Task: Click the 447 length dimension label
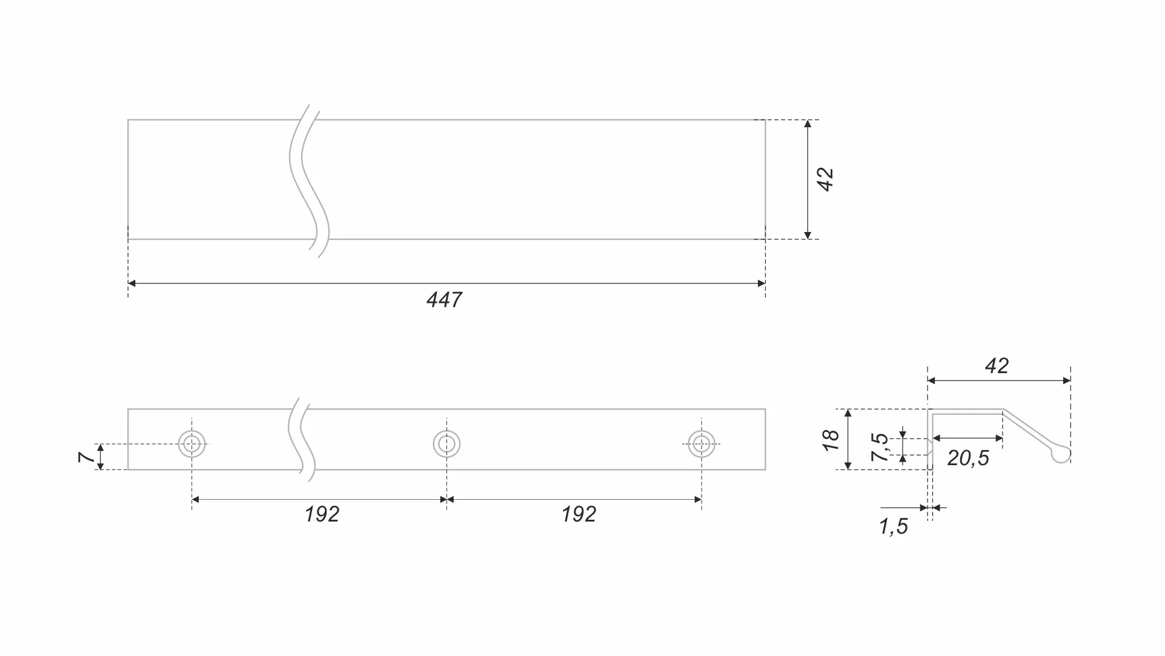click(x=444, y=300)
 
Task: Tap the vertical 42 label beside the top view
click(x=826, y=179)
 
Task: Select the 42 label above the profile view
click(x=997, y=366)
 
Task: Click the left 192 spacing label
click(x=322, y=514)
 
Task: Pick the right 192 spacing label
click(x=579, y=514)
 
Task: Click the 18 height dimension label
click(x=831, y=440)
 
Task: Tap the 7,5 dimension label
click(x=880, y=447)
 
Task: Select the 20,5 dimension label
click(x=968, y=458)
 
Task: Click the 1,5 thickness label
click(x=894, y=526)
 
